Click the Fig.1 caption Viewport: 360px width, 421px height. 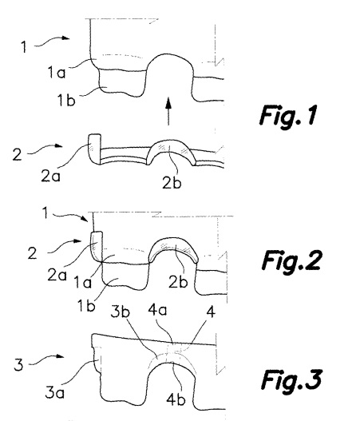[x=288, y=115]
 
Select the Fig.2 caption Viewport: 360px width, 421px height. [x=291, y=260]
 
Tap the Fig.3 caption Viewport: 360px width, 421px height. [x=291, y=379]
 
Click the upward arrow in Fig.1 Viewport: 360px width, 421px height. [x=168, y=111]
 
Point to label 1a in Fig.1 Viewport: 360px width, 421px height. [x=57, y=72]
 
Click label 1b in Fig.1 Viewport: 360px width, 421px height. [x=66, y=101]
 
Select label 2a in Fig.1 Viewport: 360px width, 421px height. [x=50, y=177]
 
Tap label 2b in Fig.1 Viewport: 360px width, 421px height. [x=172, y=183]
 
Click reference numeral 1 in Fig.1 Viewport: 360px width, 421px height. [x=24, y=46]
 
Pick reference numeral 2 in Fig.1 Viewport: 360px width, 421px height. [x=18, y=154]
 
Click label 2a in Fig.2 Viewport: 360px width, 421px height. [x=57, y=275]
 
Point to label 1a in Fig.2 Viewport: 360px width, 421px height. [x=82, y=283]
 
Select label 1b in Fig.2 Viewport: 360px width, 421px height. [x=86, y=305]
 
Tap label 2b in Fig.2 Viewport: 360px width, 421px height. [x=178, y=282]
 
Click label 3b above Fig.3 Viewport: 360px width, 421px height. [x=121, y=312]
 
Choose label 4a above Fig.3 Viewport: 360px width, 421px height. [x=157, y=310]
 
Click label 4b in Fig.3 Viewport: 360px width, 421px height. [x=176, y=399]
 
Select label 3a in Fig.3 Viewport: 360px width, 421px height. [x=55, y=393]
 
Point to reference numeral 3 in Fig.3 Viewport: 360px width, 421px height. [x=18, y=365]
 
